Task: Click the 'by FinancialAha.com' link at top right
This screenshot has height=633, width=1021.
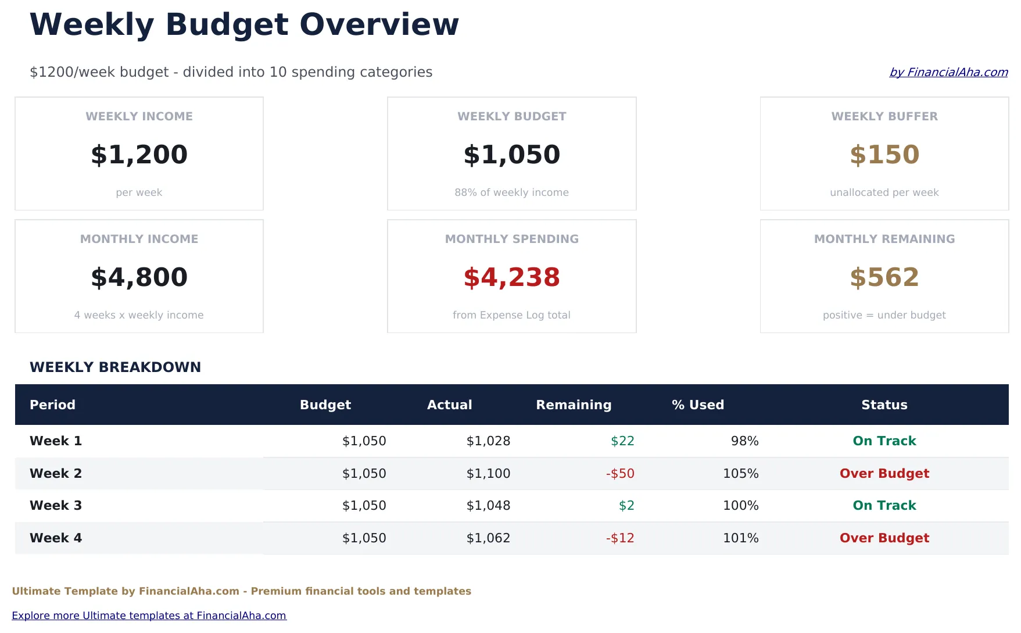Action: tap(948, 72)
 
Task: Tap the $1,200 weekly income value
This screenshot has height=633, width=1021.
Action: tap(139, 155)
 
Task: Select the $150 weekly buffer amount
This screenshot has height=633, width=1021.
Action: tap(884, 155)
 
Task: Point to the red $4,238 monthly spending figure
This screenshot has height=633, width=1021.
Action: tap(511, 277)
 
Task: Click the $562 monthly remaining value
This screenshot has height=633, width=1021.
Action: tap(884, 277)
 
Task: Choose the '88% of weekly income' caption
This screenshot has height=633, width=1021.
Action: tap(511, 192)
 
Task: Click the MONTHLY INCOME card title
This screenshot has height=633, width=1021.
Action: tap(139, 239)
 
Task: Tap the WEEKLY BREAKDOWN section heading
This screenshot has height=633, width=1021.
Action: tap(115, 367)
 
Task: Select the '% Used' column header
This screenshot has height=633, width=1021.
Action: tap(697, 405)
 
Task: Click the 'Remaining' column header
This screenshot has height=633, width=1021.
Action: tap(573, 405)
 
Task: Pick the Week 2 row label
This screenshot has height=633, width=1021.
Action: tap(56, 473)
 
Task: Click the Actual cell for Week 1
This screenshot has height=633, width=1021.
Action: tap(488, 441)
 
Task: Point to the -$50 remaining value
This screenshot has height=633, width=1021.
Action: tap(620, 474)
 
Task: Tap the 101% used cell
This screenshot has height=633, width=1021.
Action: tap(740, 538)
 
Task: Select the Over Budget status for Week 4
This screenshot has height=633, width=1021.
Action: tap(884, 538)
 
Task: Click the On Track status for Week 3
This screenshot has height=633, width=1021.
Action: tap(884, 506)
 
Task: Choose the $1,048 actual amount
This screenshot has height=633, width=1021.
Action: tap(488, 506)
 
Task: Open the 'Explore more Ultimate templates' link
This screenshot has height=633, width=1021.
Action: tap(149, 616)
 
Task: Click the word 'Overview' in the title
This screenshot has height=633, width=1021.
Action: tap(379, 24)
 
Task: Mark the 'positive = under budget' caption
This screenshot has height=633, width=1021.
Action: tap(884, 315)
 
